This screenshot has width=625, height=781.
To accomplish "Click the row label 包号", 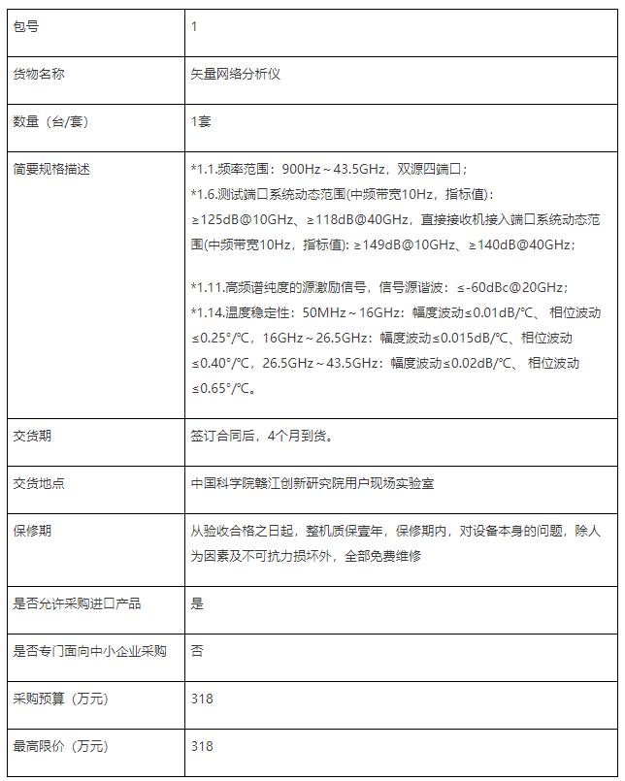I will click(26, 27).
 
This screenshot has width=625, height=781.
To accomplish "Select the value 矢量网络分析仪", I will click(236, 74).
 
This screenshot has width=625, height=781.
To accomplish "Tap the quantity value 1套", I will click(201, 121).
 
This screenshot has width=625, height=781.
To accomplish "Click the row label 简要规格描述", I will click(51, 169).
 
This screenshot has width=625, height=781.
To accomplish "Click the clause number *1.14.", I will click(208, 312).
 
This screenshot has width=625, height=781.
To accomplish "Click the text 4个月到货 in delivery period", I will click(300, 436).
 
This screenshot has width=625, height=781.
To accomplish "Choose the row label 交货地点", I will click(39, 483).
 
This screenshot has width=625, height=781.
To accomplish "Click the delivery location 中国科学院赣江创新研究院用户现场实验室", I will click(312, 483).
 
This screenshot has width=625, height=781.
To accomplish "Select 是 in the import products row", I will click(197, 603).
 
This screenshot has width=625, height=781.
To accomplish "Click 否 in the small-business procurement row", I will click(197, 651).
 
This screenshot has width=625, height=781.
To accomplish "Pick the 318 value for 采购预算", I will click(202, 699).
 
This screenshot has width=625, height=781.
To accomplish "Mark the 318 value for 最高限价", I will click(202, 746).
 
